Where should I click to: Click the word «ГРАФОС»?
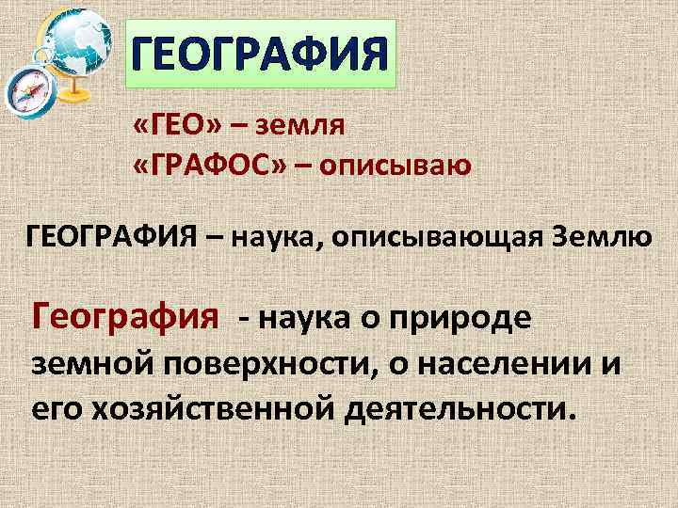[207, 166]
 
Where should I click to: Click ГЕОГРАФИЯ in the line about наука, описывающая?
[108, 234]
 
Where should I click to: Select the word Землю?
[599, 234]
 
